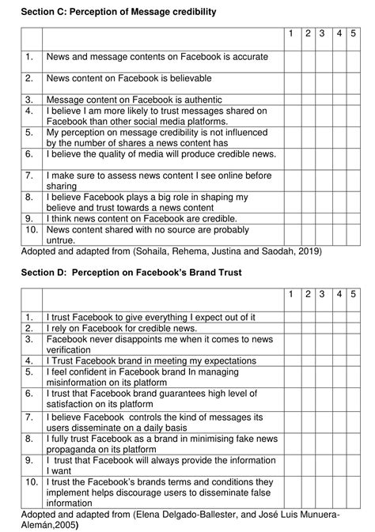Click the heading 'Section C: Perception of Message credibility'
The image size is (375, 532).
tap(118, 13)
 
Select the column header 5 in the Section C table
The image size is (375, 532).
tap(354, 34)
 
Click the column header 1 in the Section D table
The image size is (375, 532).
tap(290, 295)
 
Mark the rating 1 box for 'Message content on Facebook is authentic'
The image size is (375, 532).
tap(290, 100)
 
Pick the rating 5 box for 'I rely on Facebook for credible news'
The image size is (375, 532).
tap(354, 327)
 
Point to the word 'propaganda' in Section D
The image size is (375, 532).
tap(76, 445)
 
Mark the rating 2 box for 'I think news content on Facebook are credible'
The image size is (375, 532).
tap(307, 217)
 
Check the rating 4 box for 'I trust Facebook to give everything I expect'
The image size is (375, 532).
tap(339, 317)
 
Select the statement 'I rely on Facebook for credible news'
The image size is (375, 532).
tap(123, 327)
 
